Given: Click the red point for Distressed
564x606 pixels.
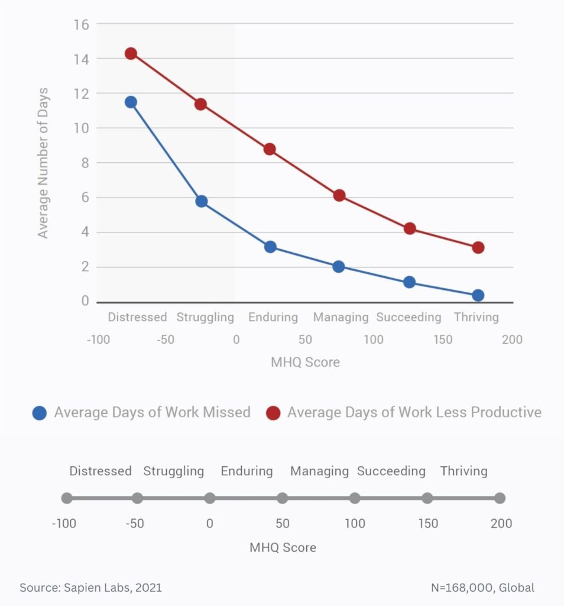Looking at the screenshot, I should pyautogui.click(x=131, y=53).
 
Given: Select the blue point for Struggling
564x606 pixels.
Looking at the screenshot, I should pyautogui.click(x=201, y=201).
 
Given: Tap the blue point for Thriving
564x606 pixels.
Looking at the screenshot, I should pyautogui.click(x=478, y=295).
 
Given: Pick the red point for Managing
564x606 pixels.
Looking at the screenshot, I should pyautogui.click(x=339, y=195).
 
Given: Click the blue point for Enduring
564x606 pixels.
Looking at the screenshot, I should pyautogui.click(x=270, y=247).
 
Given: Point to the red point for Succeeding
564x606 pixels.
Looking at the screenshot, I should pyautogui.click(x=409, y=228).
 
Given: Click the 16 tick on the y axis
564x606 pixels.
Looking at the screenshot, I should pyautogui.click(x=81, y=24).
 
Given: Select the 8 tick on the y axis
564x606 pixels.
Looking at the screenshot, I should pyautogui.click(x=85, y=163).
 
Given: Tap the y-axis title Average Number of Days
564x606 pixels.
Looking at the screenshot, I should pyautogui.click(x=43, y=163).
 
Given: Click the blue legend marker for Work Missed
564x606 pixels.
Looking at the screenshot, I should pyautogui.click(x=40, y=412).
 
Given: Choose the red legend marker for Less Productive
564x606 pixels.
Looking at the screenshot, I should pyautogui.click(x=273, y=412).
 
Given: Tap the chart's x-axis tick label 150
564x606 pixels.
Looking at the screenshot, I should pyautogui.click(x=443, y=340).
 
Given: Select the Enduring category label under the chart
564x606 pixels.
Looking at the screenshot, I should pyautogui.click(x=273, y=317).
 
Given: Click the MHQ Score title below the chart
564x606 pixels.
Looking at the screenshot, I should pyautogui.click(x=305, y=362).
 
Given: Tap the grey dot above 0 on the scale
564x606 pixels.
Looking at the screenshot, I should pyautogui.click(x=209, y=498).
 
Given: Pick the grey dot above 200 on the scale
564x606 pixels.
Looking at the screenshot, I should pyautogui.click(x=500, y=498).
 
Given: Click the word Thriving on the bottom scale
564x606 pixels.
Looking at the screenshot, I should pyautogui.click(x=463, y=471).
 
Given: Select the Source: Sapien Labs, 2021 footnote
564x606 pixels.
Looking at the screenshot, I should pyautogui.click(x=90, y=588).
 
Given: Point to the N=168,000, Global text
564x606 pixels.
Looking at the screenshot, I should pyautogui.click(x=482, y=588).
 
